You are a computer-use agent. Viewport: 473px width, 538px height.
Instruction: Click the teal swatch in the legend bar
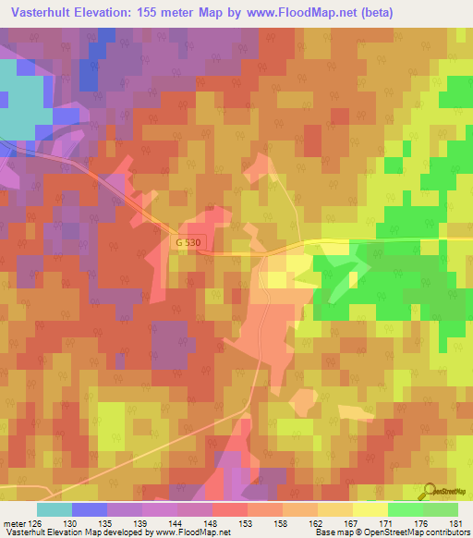tap(55, 509)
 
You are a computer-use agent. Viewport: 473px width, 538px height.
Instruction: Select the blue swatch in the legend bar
tap(90, 509)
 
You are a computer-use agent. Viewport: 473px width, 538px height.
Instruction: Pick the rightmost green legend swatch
tap(441, 509)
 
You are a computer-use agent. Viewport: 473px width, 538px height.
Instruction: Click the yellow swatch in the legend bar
tap(370, 509)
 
